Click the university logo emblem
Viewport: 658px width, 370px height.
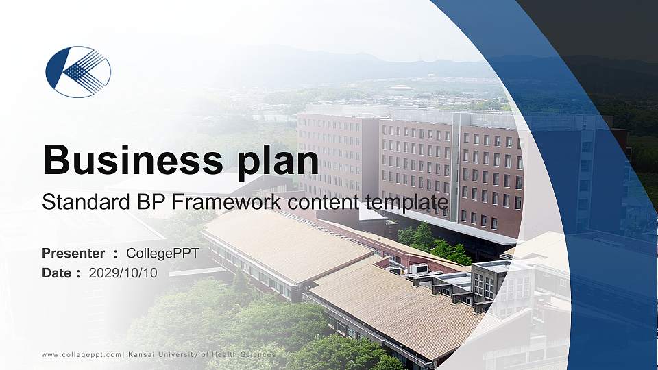click(x=78, y=72)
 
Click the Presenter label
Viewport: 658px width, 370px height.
click(x=73, y=254)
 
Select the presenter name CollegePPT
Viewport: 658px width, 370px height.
click(x=162, y=254)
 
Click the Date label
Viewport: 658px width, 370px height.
click(x=57, y=273)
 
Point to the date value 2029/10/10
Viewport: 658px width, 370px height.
click(x=123, y=273)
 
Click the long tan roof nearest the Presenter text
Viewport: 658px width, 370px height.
click(x=288, y=243)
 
